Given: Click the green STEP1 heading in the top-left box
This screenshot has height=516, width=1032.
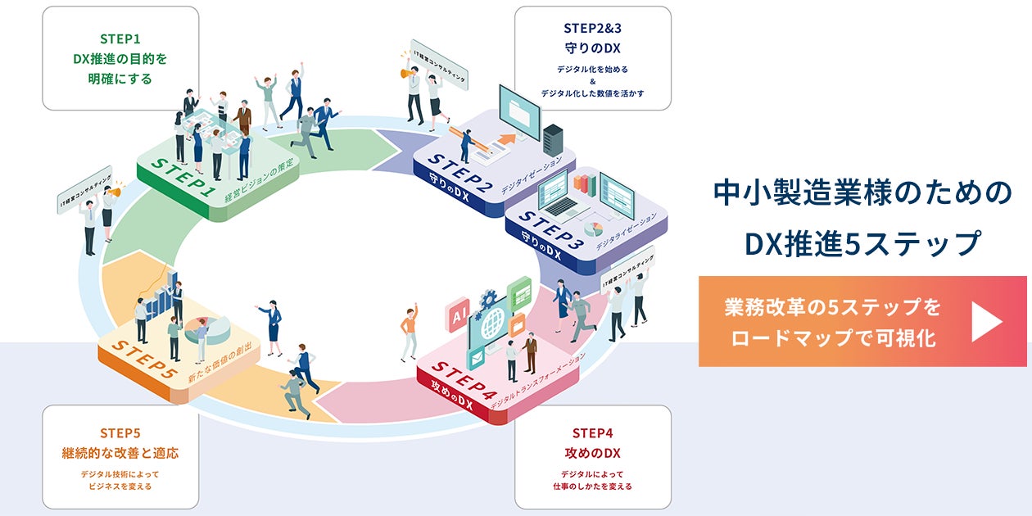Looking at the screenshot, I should [120, 38].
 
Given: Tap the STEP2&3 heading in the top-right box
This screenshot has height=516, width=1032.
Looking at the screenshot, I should [592, 28].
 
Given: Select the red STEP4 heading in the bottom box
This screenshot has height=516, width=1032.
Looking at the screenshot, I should [592, 432].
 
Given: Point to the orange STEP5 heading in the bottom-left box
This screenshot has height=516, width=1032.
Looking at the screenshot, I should [120, 432].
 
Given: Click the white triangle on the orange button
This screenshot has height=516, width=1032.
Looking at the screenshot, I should [985, 321].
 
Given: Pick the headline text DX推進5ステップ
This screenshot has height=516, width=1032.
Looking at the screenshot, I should [862, 243].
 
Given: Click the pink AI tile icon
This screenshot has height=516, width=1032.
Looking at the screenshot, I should [456, 315].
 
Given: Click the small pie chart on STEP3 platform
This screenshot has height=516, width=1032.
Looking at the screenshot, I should [593, 228].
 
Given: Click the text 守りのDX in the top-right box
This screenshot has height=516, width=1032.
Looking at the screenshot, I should [592, 48].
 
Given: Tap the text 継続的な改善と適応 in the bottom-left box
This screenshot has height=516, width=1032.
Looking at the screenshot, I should [120, 453].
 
